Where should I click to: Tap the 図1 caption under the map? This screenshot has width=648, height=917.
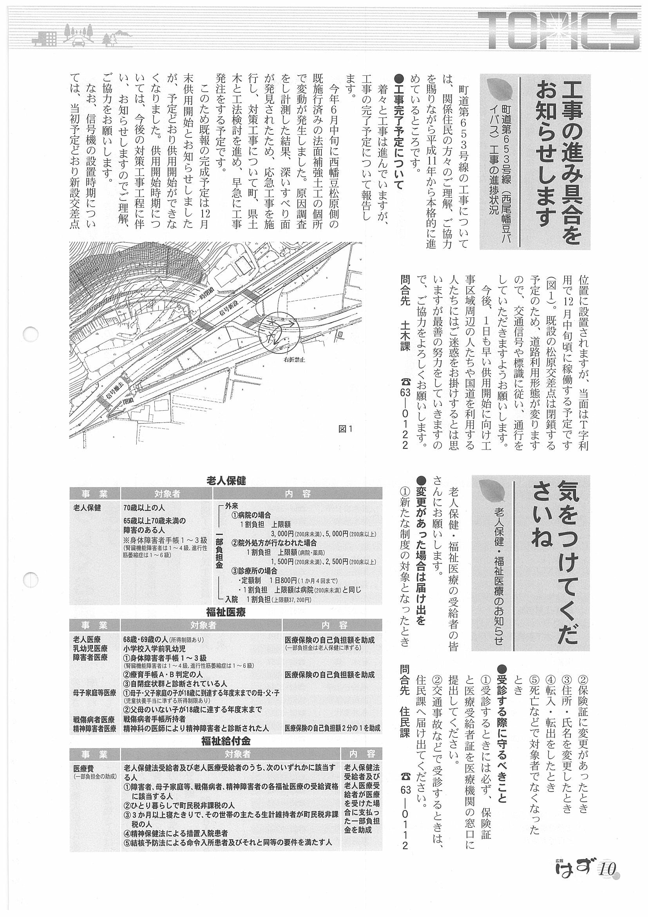(x=346, y=429)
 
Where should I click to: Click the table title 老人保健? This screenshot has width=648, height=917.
(x=226, y=481)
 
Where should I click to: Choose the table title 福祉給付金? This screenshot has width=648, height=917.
(x=226, y=741)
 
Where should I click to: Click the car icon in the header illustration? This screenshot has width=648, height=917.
(x=78, y=40)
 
